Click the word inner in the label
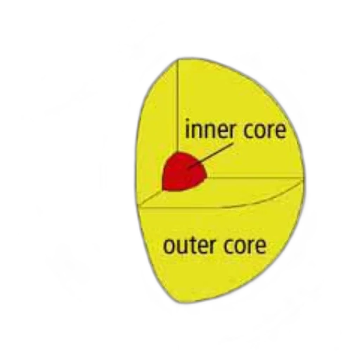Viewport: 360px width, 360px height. click(x=210, y=129)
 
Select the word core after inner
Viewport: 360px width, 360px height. click(x=264, y=130)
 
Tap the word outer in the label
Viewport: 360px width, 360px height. click(x=189, y=245)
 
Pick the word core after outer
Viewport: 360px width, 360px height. click(x=245, y=246)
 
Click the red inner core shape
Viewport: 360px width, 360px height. click(x=184, y=172)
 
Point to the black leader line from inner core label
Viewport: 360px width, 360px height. click(x=210, y=155)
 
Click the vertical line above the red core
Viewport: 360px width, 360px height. click(x=178, y=106)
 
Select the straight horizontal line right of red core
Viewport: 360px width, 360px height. click(x=255, y=177)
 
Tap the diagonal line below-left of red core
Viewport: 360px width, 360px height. click(x=150, y=198)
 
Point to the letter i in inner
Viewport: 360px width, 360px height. click(x=187, y=129)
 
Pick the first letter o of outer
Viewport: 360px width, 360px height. click(x=169, y=247)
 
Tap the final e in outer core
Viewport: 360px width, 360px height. click(x=261, y=247)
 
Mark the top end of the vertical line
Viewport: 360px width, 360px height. click(x=178, y=60)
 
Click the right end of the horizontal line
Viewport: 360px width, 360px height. click(x=302, y=178)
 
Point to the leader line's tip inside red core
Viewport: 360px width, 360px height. click(x=188, y=168)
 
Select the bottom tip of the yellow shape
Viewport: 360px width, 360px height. click(x=179, y=302)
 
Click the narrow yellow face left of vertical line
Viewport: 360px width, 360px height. click(x=157, y=131)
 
